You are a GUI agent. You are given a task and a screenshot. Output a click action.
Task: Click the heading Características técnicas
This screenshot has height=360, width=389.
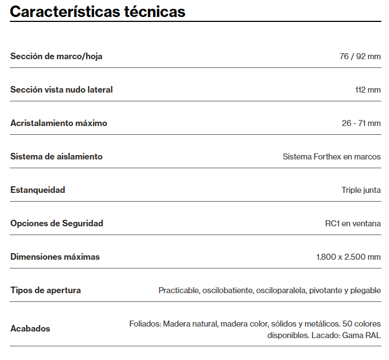98,12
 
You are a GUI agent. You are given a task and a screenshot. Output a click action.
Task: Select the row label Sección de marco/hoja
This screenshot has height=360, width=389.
56,56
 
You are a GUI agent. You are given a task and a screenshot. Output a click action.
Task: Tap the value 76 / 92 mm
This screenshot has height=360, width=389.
360,56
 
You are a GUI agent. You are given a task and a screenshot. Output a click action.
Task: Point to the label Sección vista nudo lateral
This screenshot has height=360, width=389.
61,89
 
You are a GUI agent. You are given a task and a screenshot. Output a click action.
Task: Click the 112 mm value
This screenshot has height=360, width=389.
368,90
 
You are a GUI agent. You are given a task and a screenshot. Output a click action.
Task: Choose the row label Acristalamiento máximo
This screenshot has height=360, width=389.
59,123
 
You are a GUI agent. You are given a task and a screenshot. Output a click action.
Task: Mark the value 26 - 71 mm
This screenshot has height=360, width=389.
361,123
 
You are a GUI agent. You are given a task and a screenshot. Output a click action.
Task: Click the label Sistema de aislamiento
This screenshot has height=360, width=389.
56,156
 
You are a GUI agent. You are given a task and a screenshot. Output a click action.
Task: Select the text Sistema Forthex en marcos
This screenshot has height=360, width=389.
331,157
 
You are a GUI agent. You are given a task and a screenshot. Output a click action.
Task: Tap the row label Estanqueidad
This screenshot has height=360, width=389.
38,190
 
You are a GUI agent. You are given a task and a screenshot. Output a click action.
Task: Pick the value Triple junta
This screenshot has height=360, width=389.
361,190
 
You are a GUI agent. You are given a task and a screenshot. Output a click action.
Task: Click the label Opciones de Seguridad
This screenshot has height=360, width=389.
56,223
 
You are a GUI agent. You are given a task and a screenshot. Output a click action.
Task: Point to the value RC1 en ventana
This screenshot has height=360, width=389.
353,224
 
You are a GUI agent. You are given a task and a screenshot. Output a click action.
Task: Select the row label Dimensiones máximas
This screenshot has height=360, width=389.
55,256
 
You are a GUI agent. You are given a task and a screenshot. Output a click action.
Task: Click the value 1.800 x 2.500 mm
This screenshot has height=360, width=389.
348,257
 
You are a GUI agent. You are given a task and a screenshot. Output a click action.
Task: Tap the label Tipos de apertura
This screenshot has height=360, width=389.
45,290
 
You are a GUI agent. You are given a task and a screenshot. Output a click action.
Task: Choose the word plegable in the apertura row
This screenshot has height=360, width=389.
365,290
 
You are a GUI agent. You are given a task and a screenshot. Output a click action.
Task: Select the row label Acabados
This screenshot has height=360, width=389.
30,328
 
